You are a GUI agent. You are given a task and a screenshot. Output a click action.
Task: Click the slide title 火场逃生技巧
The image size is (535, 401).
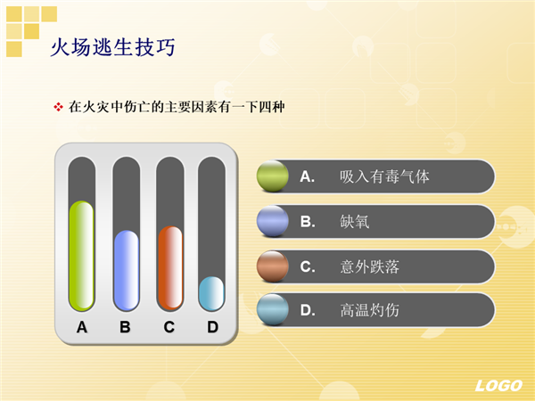(x=113, y=47)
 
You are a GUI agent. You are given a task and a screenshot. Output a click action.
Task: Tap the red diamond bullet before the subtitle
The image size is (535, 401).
(x=58, y=107)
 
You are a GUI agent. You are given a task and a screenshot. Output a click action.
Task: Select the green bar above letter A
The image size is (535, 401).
(x=81, y=256)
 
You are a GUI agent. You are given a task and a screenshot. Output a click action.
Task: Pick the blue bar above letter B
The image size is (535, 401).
(x=127, y=270)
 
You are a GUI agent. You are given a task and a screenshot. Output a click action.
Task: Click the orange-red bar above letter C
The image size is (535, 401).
(x=170, y=268)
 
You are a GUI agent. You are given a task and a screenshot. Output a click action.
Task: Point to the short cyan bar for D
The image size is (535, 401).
(x=211, y=293)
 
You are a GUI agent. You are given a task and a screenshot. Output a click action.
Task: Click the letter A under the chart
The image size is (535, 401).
(x=82, y=327)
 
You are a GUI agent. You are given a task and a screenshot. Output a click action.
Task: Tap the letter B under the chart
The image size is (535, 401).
(x=125, y=327)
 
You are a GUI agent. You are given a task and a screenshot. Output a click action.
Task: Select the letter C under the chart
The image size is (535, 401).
(x=169, y=327)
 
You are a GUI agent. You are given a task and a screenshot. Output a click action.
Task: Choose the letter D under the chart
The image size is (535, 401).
(x=212, y=327)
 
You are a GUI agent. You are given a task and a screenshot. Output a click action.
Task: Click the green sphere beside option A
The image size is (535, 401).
(x=272, y=176)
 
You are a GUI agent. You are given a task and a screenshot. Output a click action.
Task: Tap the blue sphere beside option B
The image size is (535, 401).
(x=272, y=221)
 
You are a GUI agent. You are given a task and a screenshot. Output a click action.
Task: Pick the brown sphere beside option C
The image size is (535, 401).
(x=272, y=266)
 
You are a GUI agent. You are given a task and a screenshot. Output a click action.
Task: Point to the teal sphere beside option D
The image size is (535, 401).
(x=272, y=309)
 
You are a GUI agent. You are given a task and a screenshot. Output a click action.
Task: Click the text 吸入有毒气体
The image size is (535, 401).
(x=384, y=176)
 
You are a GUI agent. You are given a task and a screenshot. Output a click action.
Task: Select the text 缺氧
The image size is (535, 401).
(x=355, y=222)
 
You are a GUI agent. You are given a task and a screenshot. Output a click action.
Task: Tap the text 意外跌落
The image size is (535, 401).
(x=369, y=266)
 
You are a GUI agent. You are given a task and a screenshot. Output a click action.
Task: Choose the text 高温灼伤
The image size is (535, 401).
(x=369, y=310)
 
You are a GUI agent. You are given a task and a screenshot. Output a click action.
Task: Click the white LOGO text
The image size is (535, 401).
(x=498, y=386)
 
